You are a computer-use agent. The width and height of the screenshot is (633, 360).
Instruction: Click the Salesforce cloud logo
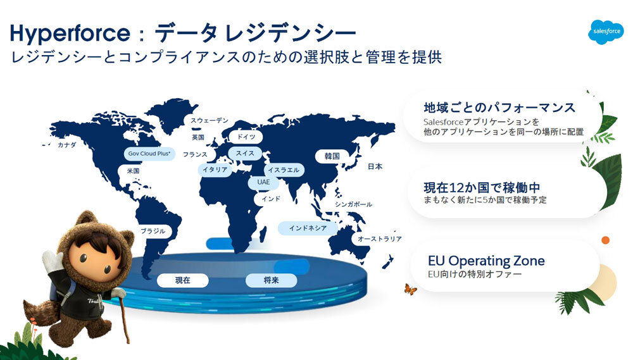point(606,32)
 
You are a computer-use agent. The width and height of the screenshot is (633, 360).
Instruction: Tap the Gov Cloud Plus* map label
point(149,154)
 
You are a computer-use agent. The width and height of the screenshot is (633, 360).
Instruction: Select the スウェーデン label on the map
point(209,120)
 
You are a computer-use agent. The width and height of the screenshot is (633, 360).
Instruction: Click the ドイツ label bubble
point(246,137)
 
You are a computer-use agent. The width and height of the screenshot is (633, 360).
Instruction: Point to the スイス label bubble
point(245,153)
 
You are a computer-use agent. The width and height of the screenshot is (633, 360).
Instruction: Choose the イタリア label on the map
point(215,170)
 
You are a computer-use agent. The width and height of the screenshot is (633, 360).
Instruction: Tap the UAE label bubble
point(263,182)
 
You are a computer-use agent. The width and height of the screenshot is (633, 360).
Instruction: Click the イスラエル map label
point(284,170)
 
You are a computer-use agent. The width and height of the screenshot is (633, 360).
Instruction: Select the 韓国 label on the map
point(332,156)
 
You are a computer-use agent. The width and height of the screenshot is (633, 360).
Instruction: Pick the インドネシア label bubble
point(308,228)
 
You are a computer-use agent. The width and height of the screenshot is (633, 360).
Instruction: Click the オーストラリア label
point(379,239)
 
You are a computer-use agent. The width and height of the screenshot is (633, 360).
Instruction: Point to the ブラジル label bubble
point(153,232)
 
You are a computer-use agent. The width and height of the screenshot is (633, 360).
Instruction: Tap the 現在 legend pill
point(183,280)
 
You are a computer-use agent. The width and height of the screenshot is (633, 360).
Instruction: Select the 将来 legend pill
point(272,280)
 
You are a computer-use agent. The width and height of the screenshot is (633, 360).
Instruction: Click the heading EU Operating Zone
point(486,261)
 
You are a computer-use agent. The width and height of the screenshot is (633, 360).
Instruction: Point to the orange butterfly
point(410,289)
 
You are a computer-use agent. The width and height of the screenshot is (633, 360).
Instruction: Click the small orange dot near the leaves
point(605,240)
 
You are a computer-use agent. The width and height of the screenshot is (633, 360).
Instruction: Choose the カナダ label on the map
point(66,145)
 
